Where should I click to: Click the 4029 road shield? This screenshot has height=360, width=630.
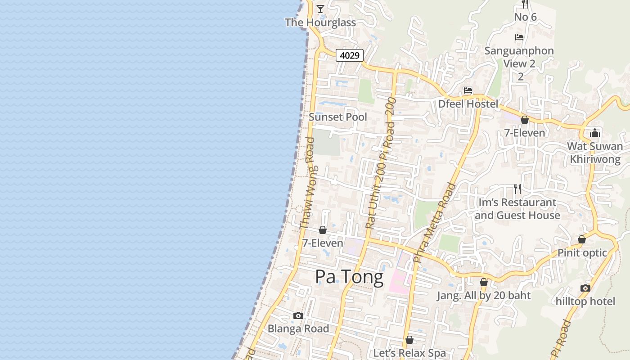click(x=350, y=55)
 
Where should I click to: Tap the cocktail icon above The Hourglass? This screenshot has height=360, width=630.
click(x=320, y=9)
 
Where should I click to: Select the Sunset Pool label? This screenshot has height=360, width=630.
click(x=338, y=117)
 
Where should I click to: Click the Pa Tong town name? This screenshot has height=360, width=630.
click(x=349, y=277)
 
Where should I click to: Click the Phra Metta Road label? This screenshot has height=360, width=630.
click(x=434, y=222)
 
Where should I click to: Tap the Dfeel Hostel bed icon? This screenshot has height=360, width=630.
click(x=468, y=90)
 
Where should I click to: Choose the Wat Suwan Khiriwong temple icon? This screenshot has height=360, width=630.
click(x=595, y=133)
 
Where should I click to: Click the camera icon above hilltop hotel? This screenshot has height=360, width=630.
click(x=585, y=288)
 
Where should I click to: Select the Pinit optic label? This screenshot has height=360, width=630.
click(x=582, y=253)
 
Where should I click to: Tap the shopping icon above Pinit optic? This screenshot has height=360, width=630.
click(x=582, y=239)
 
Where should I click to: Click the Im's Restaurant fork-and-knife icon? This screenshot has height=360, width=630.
click(x=517, y=189)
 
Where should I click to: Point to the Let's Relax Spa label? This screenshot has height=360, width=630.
click(x=409, y=353)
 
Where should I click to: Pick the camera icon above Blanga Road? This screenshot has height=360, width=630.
click(x=298, y=315)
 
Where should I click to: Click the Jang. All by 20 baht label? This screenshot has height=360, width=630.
click(x=484, y=296)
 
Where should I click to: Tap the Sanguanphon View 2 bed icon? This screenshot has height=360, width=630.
click(x=519, y=37)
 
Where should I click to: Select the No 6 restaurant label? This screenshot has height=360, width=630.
click(x=526, y=17)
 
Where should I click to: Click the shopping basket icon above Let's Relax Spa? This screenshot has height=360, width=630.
click(x=409, y=340)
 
